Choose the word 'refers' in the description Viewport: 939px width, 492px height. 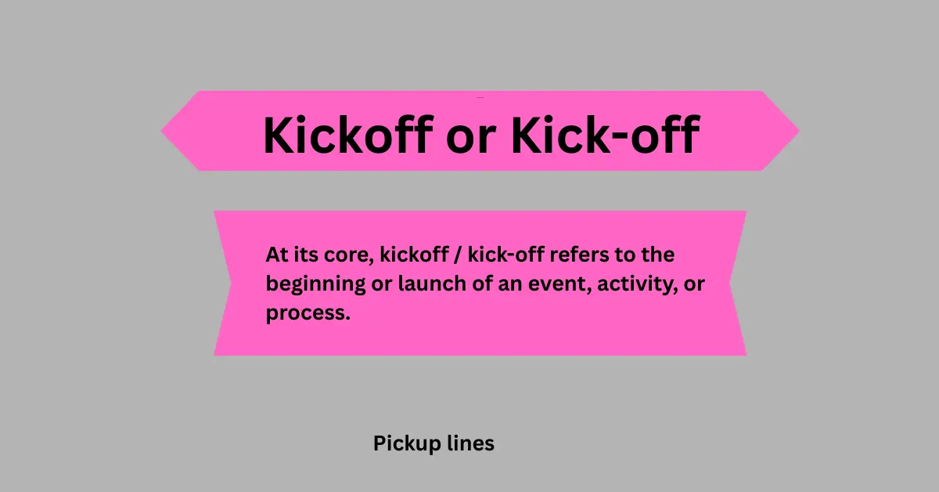(x=593, y=255)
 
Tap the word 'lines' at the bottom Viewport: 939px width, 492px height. (x=473, y=444)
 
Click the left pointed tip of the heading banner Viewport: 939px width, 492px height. (x=163, y=131)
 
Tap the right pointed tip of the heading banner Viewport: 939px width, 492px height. (x=797, y=131)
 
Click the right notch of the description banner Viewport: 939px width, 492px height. (x=730, y=283)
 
